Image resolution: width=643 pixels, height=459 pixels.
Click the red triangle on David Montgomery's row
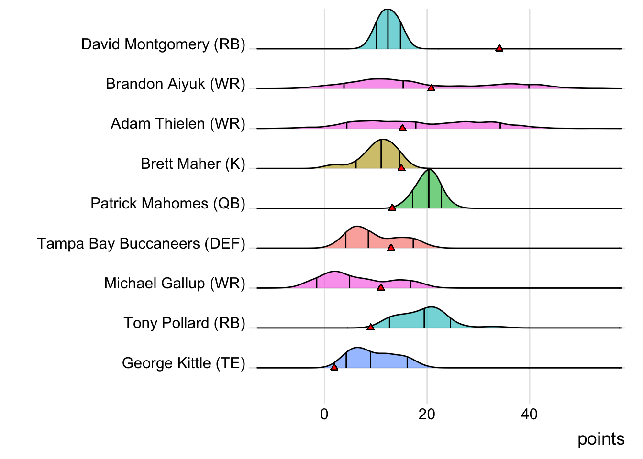click(499, 48)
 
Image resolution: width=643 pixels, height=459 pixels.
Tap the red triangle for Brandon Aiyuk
click(431, 88)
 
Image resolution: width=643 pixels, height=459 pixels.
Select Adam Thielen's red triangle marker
click(402, 128)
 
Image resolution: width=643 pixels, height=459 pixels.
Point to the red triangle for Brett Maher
click(401, 167)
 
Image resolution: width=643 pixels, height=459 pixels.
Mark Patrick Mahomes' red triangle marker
click(392, 208)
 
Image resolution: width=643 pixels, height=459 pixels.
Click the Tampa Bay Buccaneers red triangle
click(391, 247)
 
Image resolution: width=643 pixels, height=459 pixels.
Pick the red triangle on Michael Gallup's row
click(381, 287)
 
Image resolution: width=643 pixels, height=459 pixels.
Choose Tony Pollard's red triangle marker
click(370, 327)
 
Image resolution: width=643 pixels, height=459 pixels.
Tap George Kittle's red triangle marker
click(334, 367)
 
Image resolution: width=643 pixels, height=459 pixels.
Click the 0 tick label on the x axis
click(324, 415)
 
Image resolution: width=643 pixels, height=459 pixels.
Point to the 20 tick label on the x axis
click(427, 415)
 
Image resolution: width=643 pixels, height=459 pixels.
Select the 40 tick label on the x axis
click(529, 415)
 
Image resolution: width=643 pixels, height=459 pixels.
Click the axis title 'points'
click(601, 439)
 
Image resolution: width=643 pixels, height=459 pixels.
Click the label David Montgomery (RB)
click(163, 44)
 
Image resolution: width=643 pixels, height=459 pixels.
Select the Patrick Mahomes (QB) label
click(168, 204)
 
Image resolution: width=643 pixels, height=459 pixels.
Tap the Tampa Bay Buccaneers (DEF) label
click(141, 244)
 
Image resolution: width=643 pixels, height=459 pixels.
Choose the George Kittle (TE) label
click(184, 363)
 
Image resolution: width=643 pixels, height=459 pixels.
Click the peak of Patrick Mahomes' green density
click(430, 170)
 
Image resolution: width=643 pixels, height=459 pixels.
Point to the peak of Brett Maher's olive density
click(382, 140)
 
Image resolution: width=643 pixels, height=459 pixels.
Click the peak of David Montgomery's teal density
click(388, 10)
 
